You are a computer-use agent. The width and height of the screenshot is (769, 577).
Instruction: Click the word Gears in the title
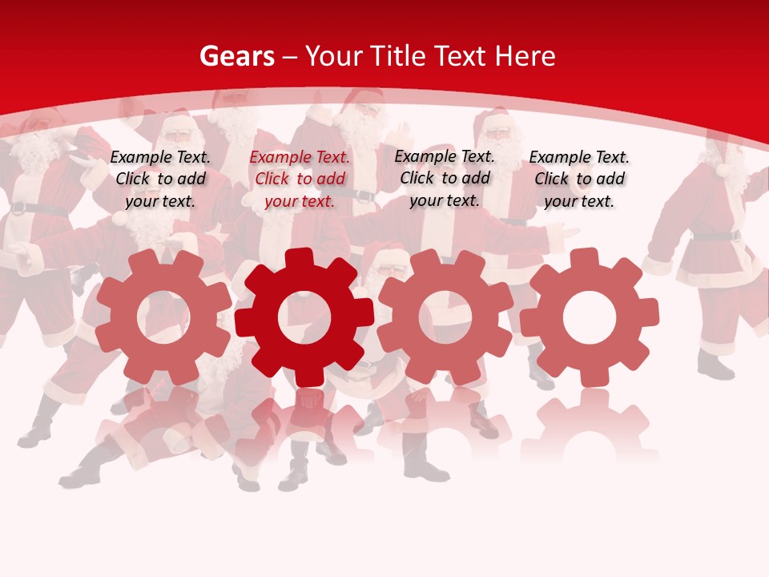pyautogui.click(x=236, y=56)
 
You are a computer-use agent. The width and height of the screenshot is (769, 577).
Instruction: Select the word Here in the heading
pyautogui.click(x=525, y=56)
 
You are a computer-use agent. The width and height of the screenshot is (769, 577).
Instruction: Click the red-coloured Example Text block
pyautogui.click(x=300, y=180)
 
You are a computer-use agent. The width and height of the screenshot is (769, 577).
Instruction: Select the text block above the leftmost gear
pyautogui.click(x=160, y=180)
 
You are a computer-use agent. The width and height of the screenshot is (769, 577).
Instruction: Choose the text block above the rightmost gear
pyautogui.click(x=579, y=180)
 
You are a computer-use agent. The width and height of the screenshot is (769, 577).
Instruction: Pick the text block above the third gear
pyautogui.click(x=445, y=178)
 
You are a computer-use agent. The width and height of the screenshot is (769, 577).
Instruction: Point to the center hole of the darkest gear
pyautogui.click(x=304, y=318)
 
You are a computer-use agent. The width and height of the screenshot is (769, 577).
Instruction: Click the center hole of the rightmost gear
pyautogui.click(x=589, y=318)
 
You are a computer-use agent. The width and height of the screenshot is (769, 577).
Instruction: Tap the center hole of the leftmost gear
pyautogui.click(x=163, y=318)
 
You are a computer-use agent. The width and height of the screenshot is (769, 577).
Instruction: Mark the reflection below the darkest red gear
pyautogui.click(x=304, y=425)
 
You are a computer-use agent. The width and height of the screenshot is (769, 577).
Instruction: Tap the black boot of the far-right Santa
pyautogui.click(x=715, y=366)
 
